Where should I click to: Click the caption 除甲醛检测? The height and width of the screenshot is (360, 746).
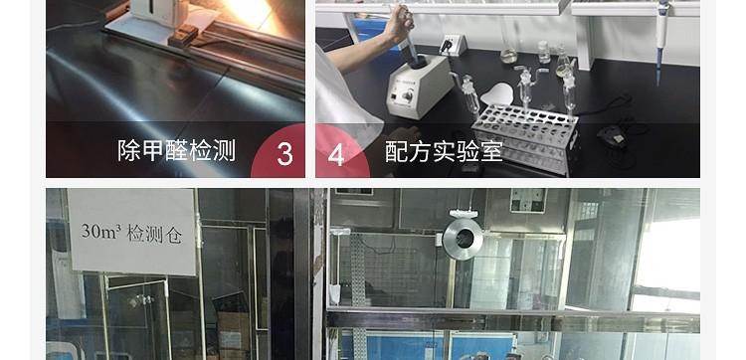176,151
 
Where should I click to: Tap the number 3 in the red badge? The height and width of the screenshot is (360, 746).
285,155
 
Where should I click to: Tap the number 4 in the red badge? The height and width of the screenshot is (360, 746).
336,155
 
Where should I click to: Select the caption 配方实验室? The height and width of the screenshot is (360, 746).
444,151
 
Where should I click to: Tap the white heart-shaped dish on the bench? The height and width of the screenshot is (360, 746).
501,94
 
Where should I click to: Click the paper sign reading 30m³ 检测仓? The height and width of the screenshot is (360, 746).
131,231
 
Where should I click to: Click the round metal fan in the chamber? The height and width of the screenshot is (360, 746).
463,238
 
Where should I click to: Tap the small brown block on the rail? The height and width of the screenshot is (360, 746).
184,36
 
